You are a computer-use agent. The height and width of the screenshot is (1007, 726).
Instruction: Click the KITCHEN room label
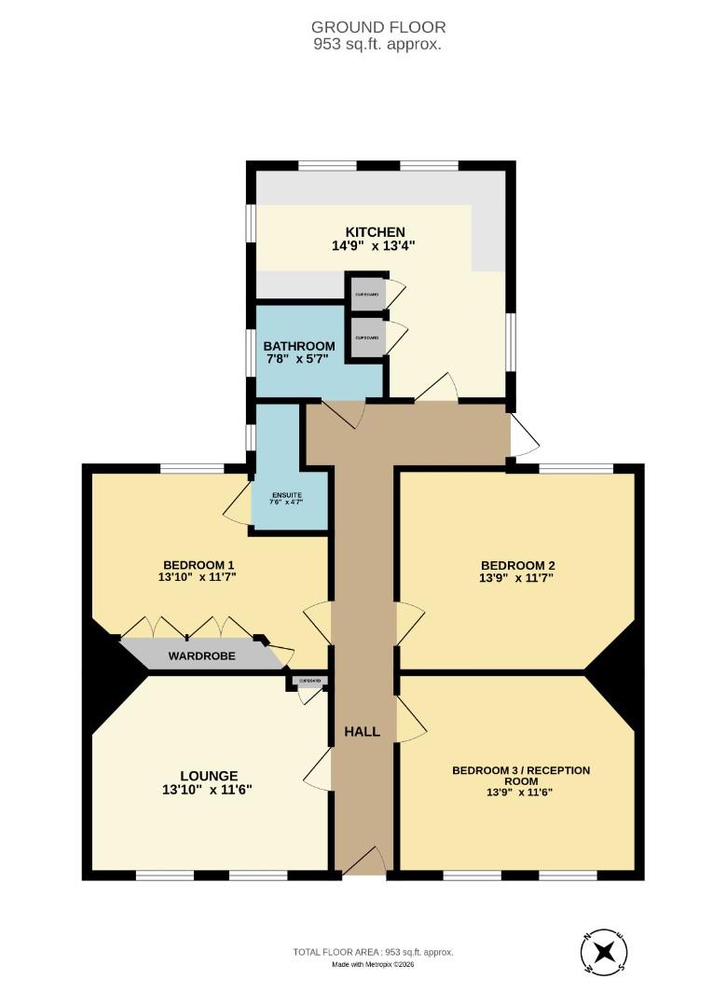(375, 232)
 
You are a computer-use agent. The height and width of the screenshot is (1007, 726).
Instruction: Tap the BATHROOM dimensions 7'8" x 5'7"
(297, 360)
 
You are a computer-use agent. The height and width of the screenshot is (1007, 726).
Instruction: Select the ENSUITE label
(288, 495)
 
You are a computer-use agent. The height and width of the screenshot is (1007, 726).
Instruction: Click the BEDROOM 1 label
(198, 565)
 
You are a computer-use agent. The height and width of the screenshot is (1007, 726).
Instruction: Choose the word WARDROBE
(201, 656)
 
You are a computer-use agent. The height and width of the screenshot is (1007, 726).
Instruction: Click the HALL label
(362, 732)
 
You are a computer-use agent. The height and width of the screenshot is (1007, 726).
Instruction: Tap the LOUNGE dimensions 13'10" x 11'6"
(207, 790)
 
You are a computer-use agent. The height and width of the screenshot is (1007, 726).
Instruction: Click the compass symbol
(603, 954)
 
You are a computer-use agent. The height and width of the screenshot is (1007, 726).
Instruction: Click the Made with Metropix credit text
(373, 964)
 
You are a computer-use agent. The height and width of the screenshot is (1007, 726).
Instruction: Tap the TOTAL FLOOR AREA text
(373, 952)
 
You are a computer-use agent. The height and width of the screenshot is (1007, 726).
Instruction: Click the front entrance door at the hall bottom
(363, 862)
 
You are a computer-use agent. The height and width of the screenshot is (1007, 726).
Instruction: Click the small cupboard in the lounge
(308, 683)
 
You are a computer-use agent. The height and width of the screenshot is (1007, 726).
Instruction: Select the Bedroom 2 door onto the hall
(410, 624)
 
